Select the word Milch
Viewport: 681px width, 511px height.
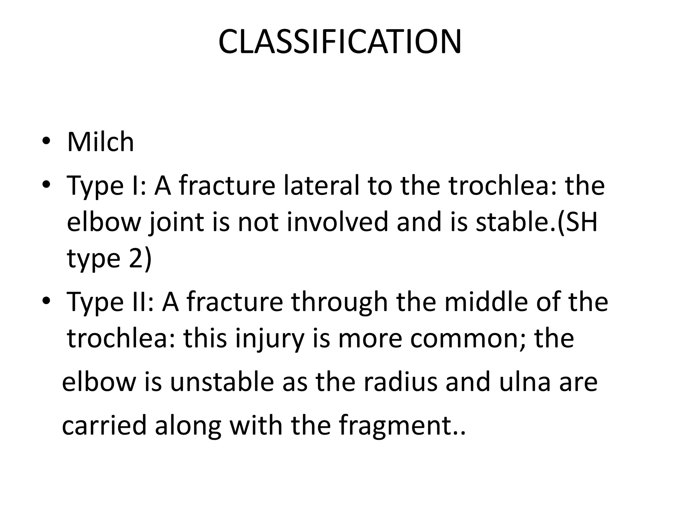pos(100,142)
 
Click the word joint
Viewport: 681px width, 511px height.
pos(176,222)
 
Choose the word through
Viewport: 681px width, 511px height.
pos(340,302)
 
